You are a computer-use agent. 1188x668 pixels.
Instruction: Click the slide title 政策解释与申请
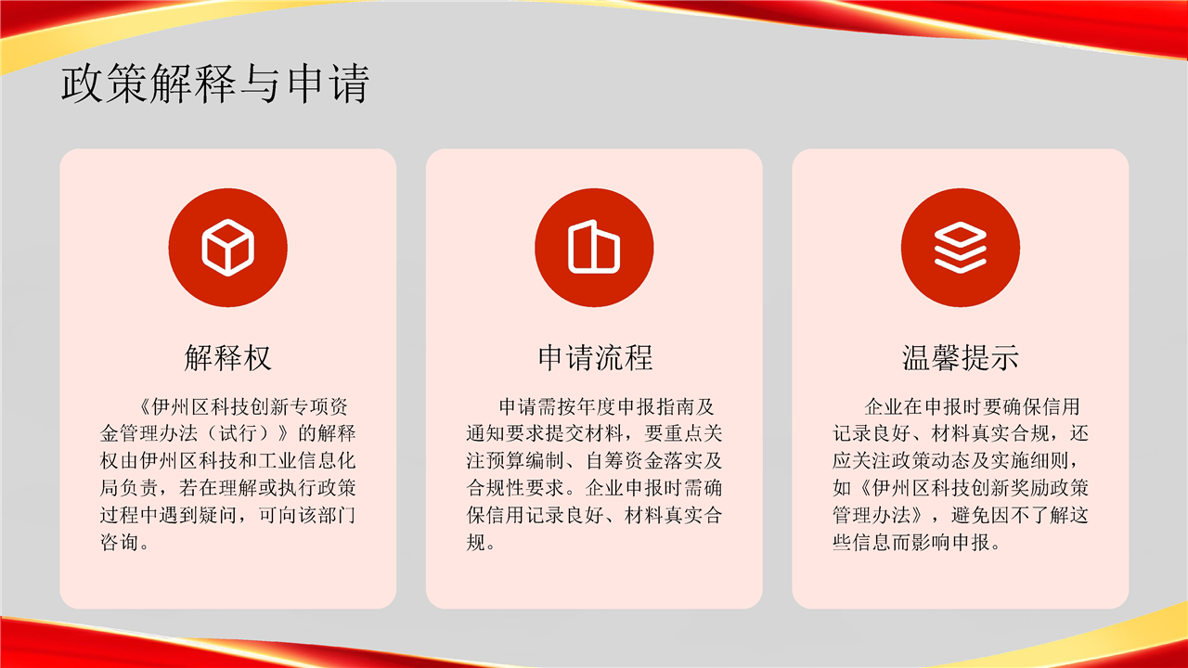click(214, 83)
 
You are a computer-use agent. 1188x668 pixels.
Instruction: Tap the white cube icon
click(228, 248)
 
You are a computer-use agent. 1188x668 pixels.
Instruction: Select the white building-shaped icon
click(594, 247)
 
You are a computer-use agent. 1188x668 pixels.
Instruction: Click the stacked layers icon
click(961, 248)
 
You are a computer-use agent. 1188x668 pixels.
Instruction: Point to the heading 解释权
click(228, 357)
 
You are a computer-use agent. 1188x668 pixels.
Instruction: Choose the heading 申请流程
click(595, 357)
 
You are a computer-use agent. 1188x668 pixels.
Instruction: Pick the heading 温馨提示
click(961, 357)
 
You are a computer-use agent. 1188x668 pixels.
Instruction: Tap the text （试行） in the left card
click(239, 433)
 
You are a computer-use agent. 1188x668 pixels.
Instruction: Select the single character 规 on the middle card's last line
click(476, 543)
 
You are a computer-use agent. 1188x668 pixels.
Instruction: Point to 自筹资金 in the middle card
click(625, 461)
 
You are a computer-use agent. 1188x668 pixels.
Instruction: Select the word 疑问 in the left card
click(218, 515)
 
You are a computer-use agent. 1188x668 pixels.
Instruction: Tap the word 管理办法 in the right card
click(872, 515)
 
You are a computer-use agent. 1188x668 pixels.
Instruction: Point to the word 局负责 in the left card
click(129, 488)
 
